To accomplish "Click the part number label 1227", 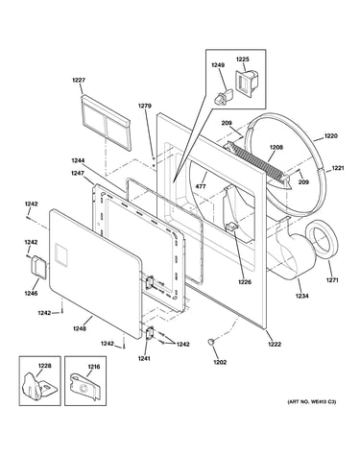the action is tap(79, 80).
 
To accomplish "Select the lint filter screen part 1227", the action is tap(106, 122).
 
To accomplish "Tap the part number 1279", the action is tap(145, 106).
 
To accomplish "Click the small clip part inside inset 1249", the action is tap(223, 96).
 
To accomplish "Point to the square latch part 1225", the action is tap(246, 82).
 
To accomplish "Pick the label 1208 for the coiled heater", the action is tap(276, 148).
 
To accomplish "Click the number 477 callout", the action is tap(202, 186).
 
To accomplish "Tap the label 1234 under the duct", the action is tap(301, 296).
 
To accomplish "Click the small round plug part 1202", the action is tap(210, 341).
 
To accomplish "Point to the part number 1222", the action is tap(275, 345).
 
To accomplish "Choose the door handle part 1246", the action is tap(39, 266).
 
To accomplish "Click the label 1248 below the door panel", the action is tap(79, 328).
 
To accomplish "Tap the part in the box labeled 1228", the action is tap(35, 387).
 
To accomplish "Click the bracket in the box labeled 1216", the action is tap(86, 387).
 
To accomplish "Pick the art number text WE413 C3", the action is tap(312, 401).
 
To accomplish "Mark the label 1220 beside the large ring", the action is tap(331, 136).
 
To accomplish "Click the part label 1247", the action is tap(78, 173).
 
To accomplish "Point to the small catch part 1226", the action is tap(231, 227).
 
